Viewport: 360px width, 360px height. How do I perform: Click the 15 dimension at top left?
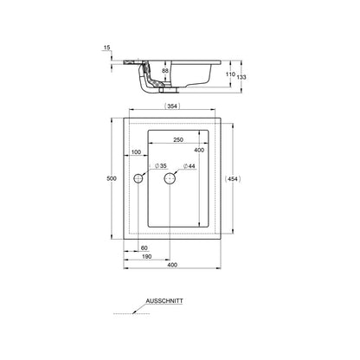tap(107, 48)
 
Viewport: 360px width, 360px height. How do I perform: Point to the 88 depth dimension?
tap(165, 71)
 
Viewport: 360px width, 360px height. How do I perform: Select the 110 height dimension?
tap(230, 74)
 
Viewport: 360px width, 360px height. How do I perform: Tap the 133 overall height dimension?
tap(241, 77)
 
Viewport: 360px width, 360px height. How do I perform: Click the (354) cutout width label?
tap(172, 106)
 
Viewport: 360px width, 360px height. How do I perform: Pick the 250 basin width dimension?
tap(178, 139)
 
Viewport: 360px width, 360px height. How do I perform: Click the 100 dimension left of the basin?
tap(136, 152)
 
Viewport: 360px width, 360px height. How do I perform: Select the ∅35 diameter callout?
tap(161, 166)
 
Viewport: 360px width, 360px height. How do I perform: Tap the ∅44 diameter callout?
tap(190, 166)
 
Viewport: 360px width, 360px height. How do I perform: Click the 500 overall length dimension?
tap(112, 178)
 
